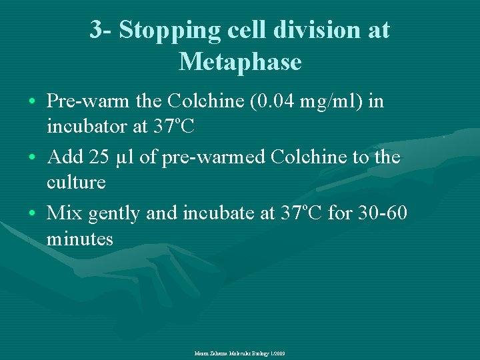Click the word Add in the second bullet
[x=63, y=158]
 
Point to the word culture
[x=76, y=181]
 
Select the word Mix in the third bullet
[x=64, y=214]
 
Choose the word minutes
[x=80, y=238]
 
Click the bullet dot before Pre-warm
[x=33, y=103]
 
